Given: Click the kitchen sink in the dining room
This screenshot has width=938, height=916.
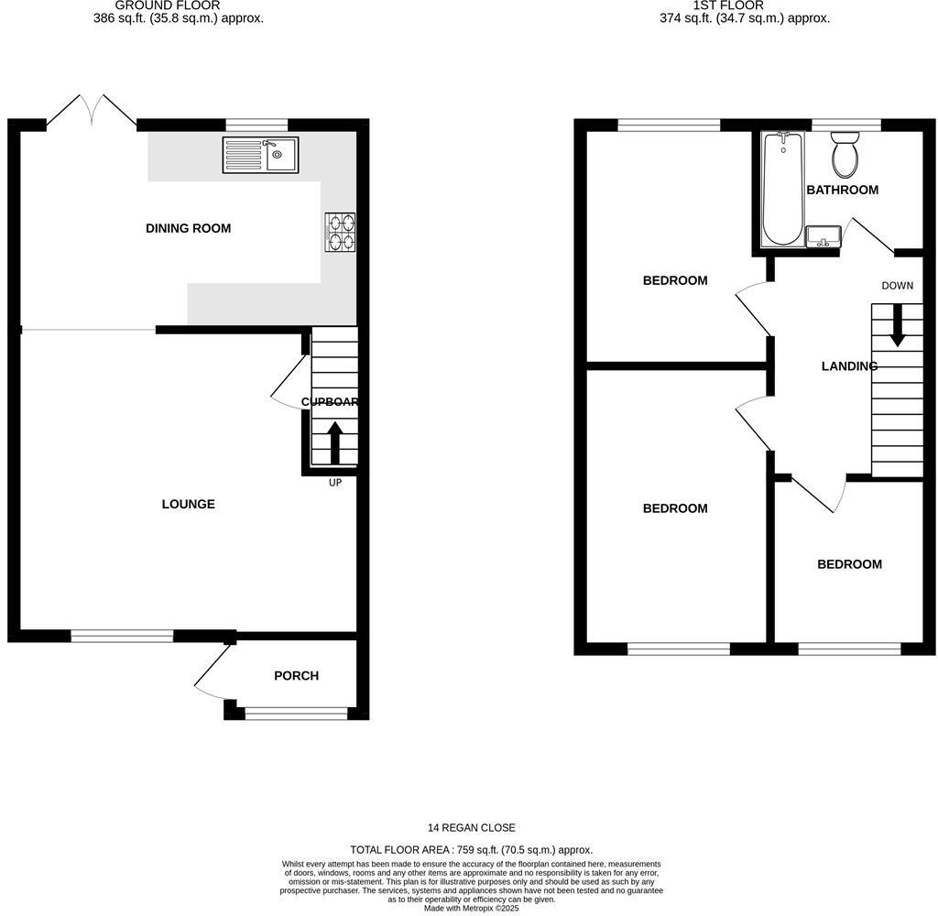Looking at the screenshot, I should (x=259, y=155).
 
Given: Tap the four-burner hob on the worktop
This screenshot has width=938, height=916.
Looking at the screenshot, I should (x=340, y=232).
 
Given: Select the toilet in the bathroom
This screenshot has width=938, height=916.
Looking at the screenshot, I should (x=845, y=155).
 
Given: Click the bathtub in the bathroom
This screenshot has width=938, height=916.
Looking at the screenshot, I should (x=781, y=189).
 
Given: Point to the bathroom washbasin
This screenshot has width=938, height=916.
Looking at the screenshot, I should (x=823, y=236).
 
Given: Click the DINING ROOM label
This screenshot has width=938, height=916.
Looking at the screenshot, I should (x=188, y=228).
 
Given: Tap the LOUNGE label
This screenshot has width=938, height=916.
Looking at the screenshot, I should (x=188, y=504).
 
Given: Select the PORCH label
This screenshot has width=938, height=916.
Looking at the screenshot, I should (x=296, y=676).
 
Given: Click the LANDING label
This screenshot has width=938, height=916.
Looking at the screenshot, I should (x=849, y=366).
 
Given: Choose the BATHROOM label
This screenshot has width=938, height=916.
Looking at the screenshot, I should (x=842, y=190).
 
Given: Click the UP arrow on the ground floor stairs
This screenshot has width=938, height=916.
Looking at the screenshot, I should (x=334, y=442).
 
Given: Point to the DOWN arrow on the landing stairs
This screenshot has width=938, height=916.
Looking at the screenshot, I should (x=897, y=324).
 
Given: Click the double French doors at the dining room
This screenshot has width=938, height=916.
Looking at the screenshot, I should (x=92, y=110).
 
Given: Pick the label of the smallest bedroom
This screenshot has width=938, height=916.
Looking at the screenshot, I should (x=849, y=564).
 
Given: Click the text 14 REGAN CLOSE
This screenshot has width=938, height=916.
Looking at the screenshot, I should (x=471, y=828).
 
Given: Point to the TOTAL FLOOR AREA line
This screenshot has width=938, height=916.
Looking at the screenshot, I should (x=471, y=850).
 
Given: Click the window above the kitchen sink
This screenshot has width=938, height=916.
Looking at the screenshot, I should (x=256, y=125).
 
